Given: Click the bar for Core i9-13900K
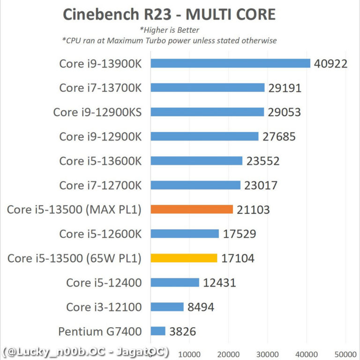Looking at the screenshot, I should click(x=230, y=63).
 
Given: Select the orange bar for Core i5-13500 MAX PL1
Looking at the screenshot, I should click(x=192, y=210).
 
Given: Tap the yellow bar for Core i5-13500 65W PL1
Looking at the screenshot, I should click(x=184, y=258).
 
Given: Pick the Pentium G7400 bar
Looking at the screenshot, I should click(x=158, y=331).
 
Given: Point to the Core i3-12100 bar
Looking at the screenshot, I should click(x=167, y=307).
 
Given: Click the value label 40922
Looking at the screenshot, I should click(x=331, y=63).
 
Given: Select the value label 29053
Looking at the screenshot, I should click(x=284, y=112).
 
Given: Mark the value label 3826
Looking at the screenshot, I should click(x=183, y=331).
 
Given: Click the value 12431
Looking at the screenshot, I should click(x=219, y=283).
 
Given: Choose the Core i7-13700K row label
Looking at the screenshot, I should click(x=100, y=88).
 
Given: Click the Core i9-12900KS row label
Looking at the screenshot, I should click(x=97, y=112).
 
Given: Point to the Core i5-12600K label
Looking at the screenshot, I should click(x=100, y=234).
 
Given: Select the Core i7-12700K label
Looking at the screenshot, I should click(x=100, y=185).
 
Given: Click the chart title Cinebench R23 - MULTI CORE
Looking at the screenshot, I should click(x=169, y=14).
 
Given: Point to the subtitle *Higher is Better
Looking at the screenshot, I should click(x=169, y=30).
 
